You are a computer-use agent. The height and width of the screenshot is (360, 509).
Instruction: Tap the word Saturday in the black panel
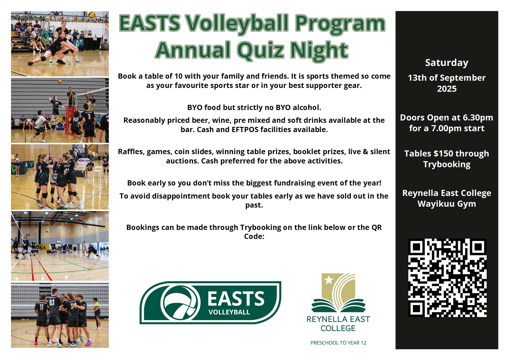[447, 63]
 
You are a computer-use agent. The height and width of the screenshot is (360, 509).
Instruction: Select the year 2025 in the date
[447, 89]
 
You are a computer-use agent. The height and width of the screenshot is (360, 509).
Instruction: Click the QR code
[447, 278]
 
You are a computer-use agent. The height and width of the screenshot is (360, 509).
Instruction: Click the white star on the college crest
[329, 280]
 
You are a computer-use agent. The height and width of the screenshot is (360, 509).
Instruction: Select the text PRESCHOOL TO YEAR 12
[338, 343]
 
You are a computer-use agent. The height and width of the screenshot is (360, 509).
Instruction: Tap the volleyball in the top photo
[92, 15]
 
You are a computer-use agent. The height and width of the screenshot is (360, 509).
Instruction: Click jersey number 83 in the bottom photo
[52, 303]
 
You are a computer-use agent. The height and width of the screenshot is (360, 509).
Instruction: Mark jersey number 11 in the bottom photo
[41, 307]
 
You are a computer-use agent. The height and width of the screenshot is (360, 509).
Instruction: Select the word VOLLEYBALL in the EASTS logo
[229, 312]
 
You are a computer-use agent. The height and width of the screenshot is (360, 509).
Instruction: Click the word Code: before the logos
[254, 237]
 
